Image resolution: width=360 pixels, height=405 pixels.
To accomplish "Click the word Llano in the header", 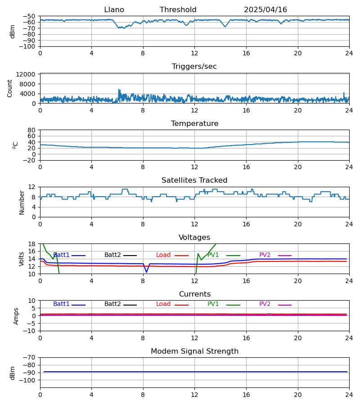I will click(x=114, y=10).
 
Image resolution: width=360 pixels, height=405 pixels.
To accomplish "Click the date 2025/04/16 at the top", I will click(x=265, y=10).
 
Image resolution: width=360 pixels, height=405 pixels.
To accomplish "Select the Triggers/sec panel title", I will click(x=194, y=67).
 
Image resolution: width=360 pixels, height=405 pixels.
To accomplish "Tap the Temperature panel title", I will click(x=194, y=124).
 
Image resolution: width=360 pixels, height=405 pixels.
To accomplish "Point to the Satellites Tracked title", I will click(x=194, y=180).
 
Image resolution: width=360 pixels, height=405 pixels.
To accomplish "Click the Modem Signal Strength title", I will click(x=194, y=351).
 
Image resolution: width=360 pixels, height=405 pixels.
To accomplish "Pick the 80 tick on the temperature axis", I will click(x=31, y=130).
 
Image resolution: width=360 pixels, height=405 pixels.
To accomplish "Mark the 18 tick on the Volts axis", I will click(x=32, y=244).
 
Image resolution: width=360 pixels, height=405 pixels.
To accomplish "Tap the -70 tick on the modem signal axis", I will click(x=28, y=357).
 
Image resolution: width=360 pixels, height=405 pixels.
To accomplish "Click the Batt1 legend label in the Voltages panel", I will click(x=62, y=255).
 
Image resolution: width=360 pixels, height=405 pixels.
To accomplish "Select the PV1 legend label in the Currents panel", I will click(x=213, y=304).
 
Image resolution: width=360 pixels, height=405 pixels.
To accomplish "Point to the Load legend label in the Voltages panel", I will click(x=163, y=255).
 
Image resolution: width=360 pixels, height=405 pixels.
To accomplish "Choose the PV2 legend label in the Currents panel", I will click(x=265, y=304).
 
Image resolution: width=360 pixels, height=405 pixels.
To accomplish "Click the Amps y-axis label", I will click(x=16, y=316).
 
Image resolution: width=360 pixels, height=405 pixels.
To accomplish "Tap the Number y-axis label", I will click(x=22, y=202).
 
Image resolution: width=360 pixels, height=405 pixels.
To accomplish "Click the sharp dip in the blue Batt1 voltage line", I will click(x=146, y=272).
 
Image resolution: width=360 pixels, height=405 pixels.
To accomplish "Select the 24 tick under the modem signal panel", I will click(x=349, y=395).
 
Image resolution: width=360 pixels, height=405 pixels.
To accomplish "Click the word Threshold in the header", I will click(x=178, y=10).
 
